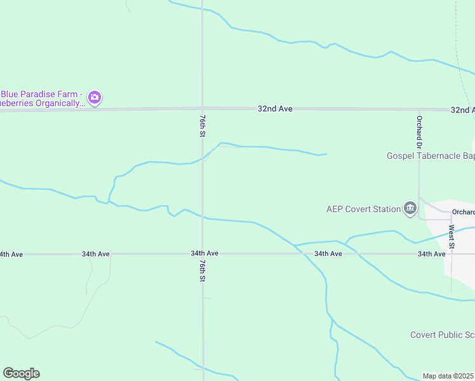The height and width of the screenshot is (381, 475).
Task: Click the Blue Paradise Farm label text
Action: coord(42,98)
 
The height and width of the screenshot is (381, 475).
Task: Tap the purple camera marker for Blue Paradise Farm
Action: coord(95,98)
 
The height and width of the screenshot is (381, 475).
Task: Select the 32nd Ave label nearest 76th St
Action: coord(275,109)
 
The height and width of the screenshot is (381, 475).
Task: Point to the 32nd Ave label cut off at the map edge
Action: coord(462,110)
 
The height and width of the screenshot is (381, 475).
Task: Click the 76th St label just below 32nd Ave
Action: coord(202,126)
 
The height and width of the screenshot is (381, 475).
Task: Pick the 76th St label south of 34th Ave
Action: coord(202,270)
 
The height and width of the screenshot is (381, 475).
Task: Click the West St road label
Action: coord(452,236)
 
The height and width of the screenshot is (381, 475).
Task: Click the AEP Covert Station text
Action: coord(363,208)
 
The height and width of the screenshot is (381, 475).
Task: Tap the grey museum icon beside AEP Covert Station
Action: coord(410,208)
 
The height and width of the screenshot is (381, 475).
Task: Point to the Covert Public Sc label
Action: coord(442,335)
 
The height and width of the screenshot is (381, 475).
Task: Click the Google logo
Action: coord(21,373)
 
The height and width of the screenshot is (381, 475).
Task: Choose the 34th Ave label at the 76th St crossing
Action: coord(204,253)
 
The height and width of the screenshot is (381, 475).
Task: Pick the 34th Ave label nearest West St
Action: coord(432,254)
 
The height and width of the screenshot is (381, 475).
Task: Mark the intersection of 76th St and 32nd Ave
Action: coord(202,109)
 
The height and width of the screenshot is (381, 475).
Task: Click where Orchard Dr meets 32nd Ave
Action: coord(419,109)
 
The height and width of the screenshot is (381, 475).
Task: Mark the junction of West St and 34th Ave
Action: coord(452,254)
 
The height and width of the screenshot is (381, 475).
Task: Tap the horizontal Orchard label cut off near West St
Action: coord(463,212)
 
